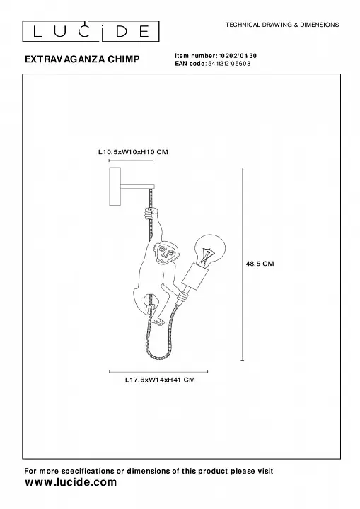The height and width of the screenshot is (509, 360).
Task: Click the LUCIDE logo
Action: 91,32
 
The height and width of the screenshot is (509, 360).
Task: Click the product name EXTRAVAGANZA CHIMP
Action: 82,59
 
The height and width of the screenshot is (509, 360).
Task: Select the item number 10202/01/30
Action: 238,56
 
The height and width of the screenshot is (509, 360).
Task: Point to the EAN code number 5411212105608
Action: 229,64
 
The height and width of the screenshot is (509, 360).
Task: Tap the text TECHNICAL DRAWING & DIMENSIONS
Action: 282,25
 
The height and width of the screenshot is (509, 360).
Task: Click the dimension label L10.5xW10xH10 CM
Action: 133,151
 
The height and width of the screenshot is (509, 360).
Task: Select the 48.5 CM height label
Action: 260,264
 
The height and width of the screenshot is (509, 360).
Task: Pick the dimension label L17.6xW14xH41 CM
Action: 160,380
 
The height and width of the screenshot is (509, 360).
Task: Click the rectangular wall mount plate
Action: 115,187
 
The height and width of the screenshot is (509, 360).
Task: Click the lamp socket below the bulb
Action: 194,276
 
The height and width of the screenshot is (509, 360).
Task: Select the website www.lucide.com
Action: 71,482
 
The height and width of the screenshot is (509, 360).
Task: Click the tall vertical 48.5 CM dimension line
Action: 243,264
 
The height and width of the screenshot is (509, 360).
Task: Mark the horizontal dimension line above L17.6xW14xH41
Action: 158,372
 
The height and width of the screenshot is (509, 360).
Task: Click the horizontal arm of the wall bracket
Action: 137,187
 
